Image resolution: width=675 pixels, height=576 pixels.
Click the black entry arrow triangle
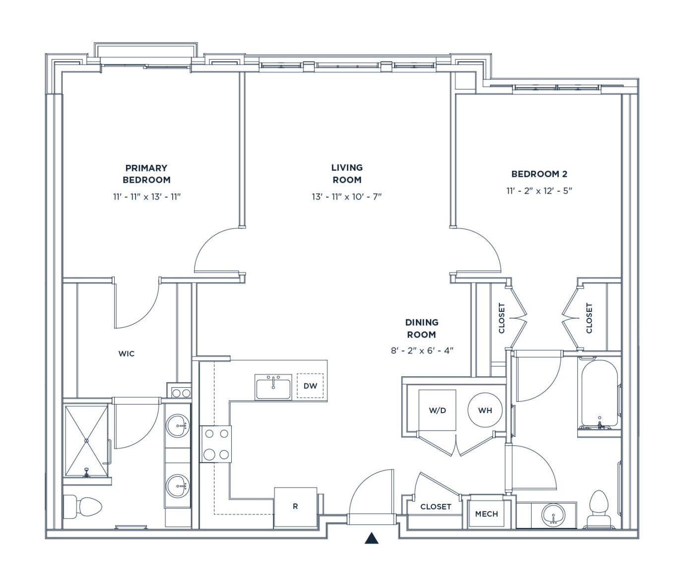pyautogui.click(x=371, y=538)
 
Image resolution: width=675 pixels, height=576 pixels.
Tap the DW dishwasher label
pyautogui.click(x=310, y=386)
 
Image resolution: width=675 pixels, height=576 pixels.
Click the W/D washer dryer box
pyautogui.click(x=437, y=410)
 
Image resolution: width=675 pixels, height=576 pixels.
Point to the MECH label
pyautogui.click(x=486, y=514)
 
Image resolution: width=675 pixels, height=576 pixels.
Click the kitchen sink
pyautogui.click(x=273, y=387)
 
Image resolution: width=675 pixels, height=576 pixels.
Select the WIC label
pyautogui.click(x=127, y=354)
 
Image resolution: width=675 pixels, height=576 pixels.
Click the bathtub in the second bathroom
pyautogui.click(x=599, y=395)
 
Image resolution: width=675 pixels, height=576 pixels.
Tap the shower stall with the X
pyautogui.click(x=86, y=441)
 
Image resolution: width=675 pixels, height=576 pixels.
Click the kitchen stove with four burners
pyautogui.click(x=216, y=444)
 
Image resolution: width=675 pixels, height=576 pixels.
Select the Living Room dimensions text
pyautogui.click(x=346, y=197)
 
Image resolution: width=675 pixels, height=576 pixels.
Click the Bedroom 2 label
pyautogui.click(x=539, y=174)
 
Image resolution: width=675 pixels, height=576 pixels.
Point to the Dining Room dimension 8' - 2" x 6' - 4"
pyautogui.click(x=422, y=351)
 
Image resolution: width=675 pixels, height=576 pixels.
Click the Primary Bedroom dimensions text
pyautogui.click(x=146, y=197)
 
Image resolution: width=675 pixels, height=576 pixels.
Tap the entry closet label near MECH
pyautogui.click(x=436, y=507)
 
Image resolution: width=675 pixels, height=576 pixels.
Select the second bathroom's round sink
pyautogui.click(x=553, y=515)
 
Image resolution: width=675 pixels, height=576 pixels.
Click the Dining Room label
pyautogui.click(x=421, y=328)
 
